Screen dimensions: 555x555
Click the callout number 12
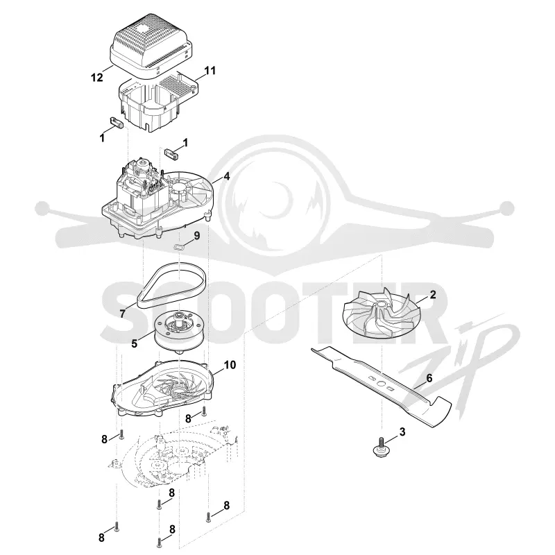(x=96, y=77)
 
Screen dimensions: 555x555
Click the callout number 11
(x=210, y=71)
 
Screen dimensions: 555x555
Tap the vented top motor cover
(x=151, y=49)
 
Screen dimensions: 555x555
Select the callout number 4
(x=227, y=176)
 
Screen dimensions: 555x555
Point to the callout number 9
(x=196, y=235)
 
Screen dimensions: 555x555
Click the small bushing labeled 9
(x=180, y=247)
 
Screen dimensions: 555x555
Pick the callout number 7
(x=123, y=314)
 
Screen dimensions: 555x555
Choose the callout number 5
(x=134, y=343)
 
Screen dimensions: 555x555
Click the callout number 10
(x=230, y=365)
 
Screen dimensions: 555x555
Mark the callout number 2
(x=432, y=294)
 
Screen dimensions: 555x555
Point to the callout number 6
(x=429, y=378)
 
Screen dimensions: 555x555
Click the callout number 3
(x=402, y=432)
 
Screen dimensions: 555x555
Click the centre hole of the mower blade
(x=381, y=384)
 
